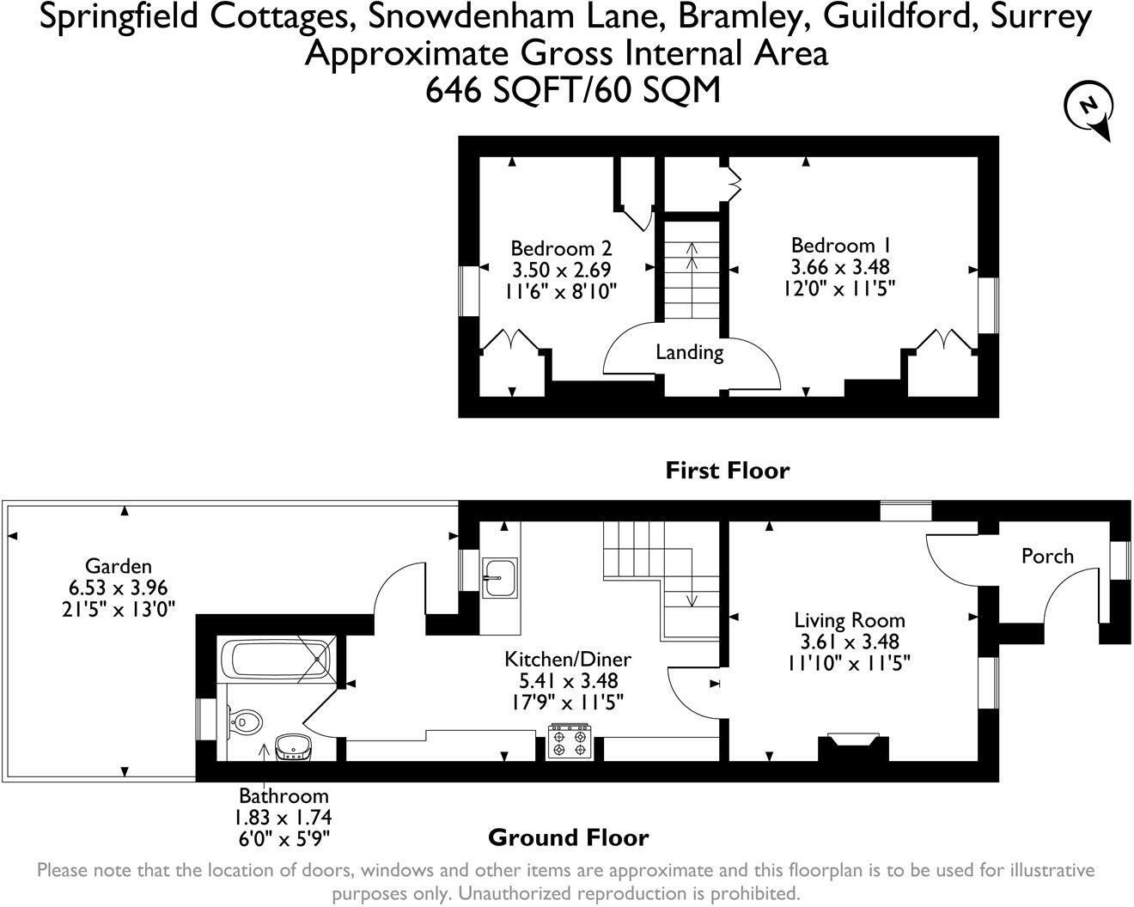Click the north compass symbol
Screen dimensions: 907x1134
click(1088, 108)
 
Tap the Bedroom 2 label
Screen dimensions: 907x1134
click(561, 249)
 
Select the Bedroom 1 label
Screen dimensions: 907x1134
click(841, 246)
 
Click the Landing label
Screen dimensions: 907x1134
click(689, 352)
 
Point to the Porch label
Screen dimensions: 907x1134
click(1047, 557)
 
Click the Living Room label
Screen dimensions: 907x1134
click(849, 620)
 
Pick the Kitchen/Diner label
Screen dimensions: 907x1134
click(567, 660)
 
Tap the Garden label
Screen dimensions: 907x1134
click(118, 566)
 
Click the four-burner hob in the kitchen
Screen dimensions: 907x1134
click(570, 742)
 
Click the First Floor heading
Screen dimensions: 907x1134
click(727, 471)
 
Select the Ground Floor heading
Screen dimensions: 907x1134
click(568, 837)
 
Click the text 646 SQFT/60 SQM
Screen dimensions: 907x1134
click(573, 89)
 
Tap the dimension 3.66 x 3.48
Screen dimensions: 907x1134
click(840, 267)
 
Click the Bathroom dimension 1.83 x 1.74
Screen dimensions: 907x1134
click(284, 818)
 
